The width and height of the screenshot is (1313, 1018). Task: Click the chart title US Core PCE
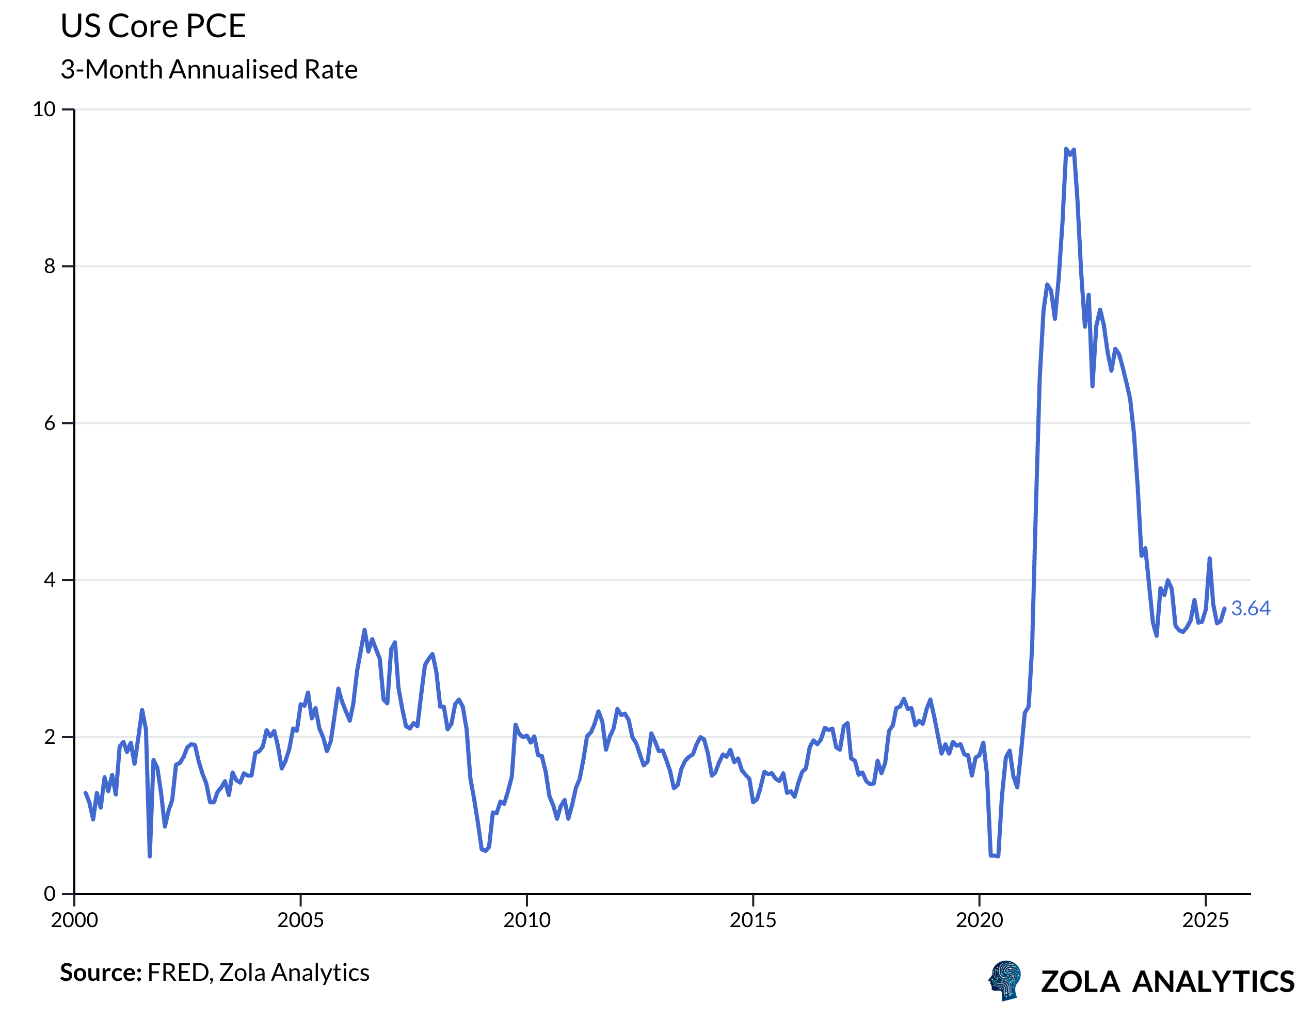coord(153,26)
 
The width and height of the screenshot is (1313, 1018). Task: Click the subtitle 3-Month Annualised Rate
coord(209,70)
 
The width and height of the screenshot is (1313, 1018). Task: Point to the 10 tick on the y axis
coord(44,109)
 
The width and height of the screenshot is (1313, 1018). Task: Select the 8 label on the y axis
coord(50,266)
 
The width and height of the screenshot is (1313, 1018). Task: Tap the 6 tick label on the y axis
coord(50,423)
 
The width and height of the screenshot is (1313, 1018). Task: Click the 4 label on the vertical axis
coord(50,580)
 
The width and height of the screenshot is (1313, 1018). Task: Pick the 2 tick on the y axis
coord(50,737)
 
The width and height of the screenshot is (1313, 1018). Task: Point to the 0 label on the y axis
coord(50,894)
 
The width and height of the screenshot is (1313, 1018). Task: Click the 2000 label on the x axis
coord(74,920)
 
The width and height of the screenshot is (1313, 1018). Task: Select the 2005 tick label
coord(300,920)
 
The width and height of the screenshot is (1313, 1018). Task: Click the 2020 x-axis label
coord(980,920)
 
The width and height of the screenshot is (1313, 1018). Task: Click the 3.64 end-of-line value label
coord(1251,609)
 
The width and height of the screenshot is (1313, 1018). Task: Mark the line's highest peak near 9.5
coord(1066,149)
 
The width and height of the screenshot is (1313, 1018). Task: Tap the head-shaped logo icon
coord(1006,981)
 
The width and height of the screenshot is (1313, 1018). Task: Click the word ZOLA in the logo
coord(1080,982)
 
